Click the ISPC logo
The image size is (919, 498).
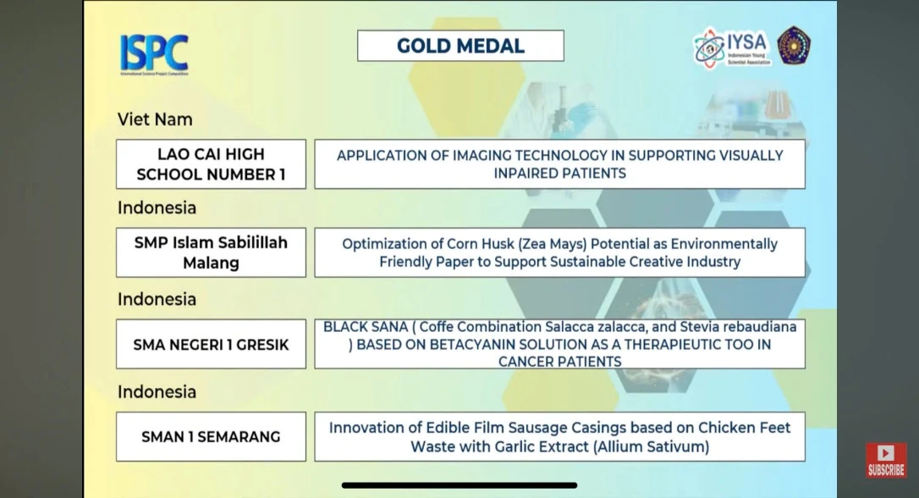click(x=154, y=54)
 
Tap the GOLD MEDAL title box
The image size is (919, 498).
click(x=460, y=46)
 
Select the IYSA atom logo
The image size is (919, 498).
click(x=708, y=48)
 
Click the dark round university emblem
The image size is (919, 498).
click(x=794, y=45)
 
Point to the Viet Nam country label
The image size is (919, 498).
click(x=155, y=119)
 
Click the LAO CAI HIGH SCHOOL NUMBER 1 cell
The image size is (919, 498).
click(x=211, y=164)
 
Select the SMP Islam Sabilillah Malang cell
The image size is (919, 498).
click(x=211, y=252)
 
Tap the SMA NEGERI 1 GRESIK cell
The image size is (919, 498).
click(x=211, y=345)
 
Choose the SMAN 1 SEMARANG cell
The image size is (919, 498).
click(x=211, y=436)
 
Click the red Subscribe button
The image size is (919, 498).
click(x=886, y=460)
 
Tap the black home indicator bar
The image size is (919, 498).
click(x=459, y=485)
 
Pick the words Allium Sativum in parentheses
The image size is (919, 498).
click(x=651, y=447)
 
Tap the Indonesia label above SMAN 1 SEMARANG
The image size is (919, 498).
click(x=157, y=392)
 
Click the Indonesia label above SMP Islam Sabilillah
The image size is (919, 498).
click(x=157, y=207)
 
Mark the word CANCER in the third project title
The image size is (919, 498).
click(x=521, y=362)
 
